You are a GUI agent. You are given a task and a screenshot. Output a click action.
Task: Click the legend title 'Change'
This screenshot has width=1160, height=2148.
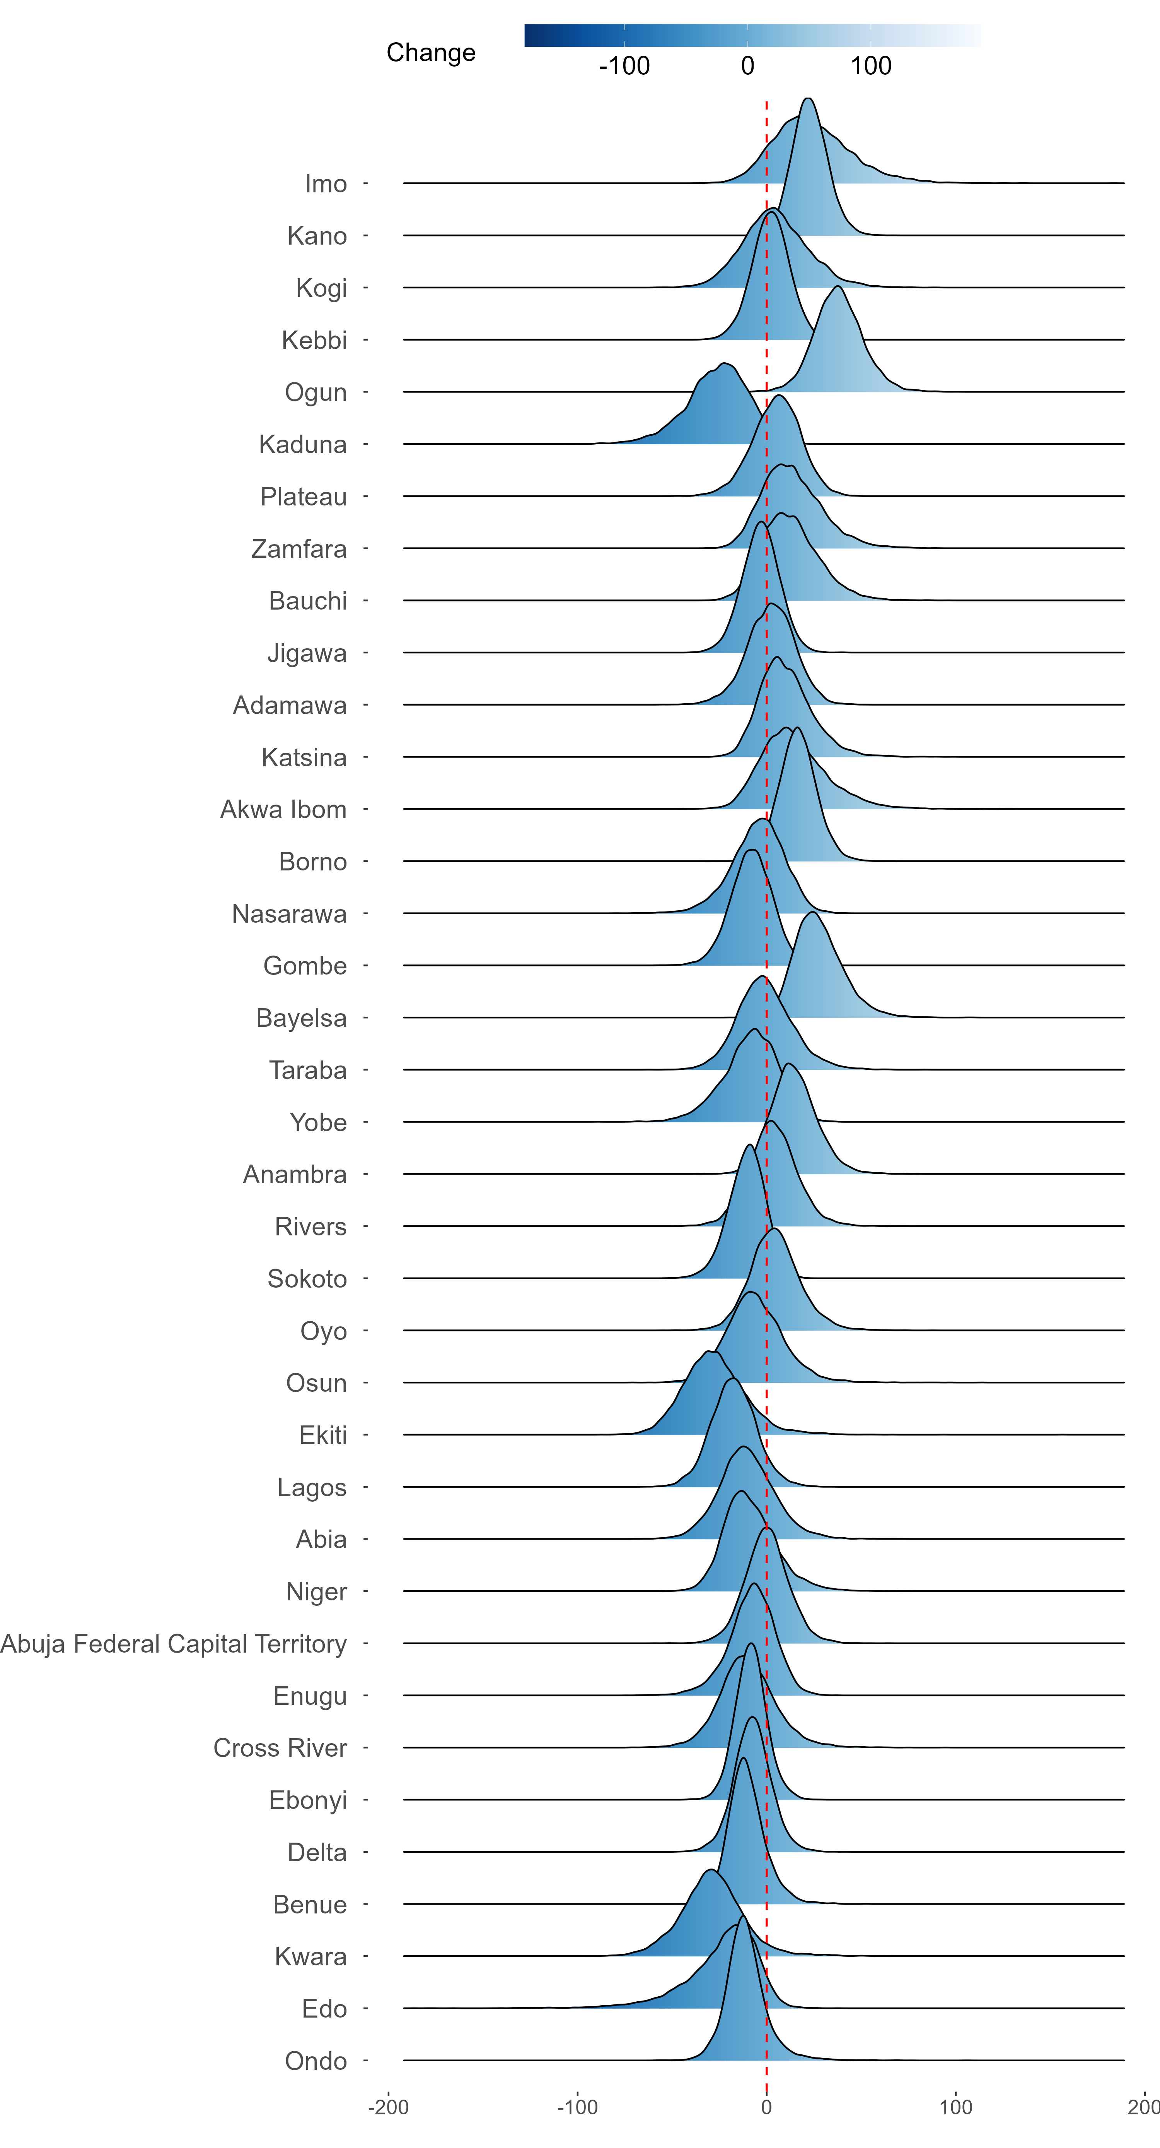pos(431,53)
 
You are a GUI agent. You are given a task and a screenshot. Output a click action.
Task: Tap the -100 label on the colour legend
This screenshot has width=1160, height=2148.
pos(624,66)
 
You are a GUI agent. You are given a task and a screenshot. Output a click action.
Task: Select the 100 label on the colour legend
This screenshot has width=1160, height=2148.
pos(871,66)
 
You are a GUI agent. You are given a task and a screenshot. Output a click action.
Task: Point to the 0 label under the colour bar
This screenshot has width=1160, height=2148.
pos(747,66)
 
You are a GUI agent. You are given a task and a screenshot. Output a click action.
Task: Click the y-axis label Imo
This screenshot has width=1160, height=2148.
pos(326,183)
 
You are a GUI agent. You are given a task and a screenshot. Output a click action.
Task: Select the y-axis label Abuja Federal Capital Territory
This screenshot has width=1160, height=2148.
pos(173,1644)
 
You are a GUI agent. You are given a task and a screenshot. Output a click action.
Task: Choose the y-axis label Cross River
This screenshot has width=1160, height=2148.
pos(280,1748)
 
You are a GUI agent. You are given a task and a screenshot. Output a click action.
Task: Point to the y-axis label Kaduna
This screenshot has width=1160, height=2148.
pos(302,444)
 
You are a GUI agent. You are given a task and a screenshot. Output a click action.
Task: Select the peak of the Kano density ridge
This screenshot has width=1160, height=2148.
pos(807,98)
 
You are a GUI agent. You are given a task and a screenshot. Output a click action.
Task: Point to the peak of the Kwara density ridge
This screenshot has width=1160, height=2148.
pos(710,1871)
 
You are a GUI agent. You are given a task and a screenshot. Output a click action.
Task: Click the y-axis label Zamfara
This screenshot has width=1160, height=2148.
pos(299,549)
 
